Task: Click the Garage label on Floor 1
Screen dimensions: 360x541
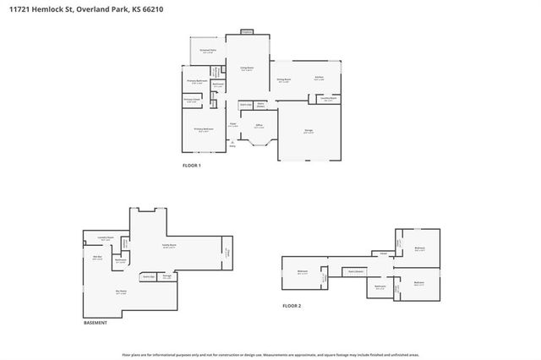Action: coord(309,131)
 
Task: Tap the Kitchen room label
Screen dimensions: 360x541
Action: coord(320,79)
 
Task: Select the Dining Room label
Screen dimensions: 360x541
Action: coord(283,80)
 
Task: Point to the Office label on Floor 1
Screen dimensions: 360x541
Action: coord(260,126)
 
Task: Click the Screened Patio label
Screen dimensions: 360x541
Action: coord(208,52)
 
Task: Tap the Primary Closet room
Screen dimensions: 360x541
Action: coord(194,100)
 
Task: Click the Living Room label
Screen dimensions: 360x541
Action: coord(246,68)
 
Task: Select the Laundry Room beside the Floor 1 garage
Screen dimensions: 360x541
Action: coord(329,99)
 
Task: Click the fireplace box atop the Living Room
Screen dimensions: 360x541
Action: coord(246,32)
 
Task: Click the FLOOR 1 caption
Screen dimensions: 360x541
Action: coord(192,165)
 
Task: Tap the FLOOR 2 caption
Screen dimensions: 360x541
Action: coord(292,305)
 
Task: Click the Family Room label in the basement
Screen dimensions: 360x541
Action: coord(168,246)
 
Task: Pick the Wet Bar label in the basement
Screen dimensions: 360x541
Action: coord(97,257)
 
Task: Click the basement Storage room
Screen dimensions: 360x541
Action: coord(168,276)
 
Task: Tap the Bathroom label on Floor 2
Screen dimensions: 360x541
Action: coord(380,286)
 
